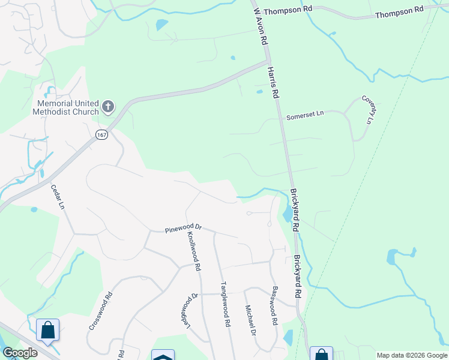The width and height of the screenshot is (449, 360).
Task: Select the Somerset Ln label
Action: coord(304,115)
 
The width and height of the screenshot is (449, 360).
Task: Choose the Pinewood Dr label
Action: coord(183,229)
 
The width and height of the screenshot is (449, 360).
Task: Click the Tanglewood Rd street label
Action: coord(225,304)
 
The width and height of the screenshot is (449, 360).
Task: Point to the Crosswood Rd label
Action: coord(101,311)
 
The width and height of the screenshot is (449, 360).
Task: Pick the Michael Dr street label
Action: coord(250,320)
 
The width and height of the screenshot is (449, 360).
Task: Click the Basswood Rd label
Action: coord(274,304)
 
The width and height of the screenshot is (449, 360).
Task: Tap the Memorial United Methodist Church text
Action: coord(65,107)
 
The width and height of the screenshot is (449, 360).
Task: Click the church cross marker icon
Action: coord(108,107)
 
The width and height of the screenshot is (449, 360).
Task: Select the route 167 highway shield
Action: coord(100,134)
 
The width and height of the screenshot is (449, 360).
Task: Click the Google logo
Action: coord(19,353)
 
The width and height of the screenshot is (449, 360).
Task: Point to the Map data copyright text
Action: coord(412,355)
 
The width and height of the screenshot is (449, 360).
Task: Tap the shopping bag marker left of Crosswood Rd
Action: coord(47,330)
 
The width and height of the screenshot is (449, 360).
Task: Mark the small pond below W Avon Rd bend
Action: coord(259,92)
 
